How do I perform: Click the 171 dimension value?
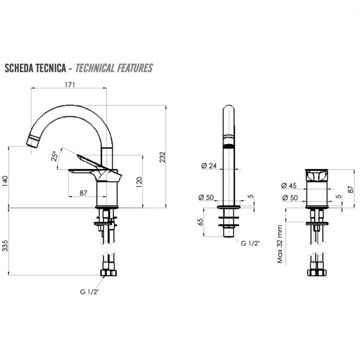[69, 85]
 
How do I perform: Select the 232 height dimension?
[162, 157]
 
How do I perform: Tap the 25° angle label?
[55, 156]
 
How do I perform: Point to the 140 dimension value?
[5, 181]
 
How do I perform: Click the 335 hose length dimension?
[5, 246]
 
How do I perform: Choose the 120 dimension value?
[139, 182]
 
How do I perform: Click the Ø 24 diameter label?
[209, 166]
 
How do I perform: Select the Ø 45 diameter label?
[289, 185]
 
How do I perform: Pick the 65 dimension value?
[200, 222]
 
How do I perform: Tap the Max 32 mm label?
[280, 244]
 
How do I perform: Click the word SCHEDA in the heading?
[19, 68]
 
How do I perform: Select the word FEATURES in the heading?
[135, 68]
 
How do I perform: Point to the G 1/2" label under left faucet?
[90, 292]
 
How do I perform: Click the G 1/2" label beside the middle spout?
[250, 243]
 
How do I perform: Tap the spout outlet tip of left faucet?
[31, 142]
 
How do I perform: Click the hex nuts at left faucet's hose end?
[108, 273]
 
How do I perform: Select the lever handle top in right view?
[316, 175]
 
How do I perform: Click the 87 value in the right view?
[351, 189]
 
